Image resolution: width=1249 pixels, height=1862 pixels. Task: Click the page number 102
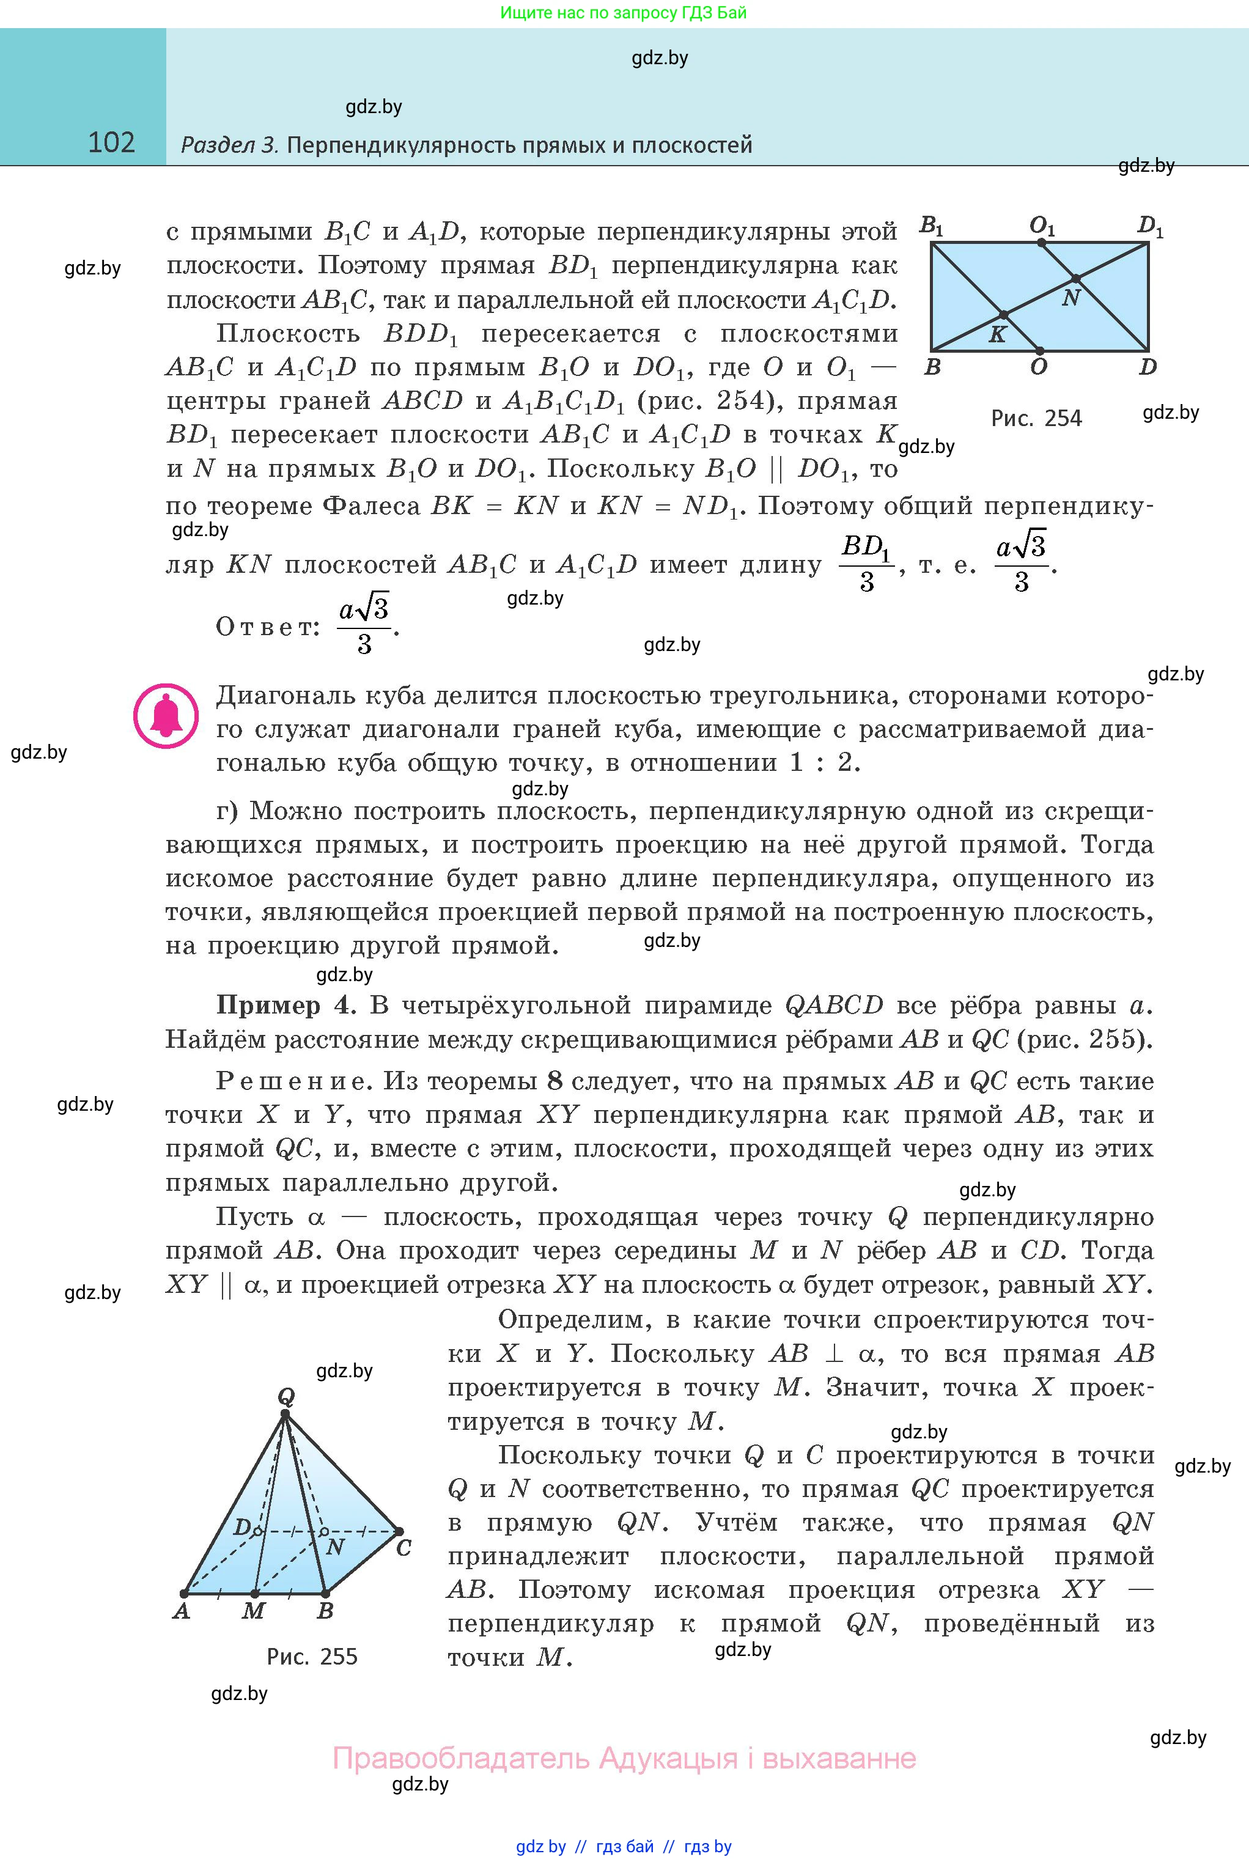(111, 142)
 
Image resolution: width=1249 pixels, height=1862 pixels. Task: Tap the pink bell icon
(166, 715)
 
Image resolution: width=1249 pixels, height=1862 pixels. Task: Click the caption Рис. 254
(1036, 418)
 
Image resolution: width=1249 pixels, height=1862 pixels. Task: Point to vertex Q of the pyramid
(285, 1415)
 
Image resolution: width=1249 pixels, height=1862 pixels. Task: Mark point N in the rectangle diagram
(1076, 279)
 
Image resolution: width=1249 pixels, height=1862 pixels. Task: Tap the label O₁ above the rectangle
(1042, 227)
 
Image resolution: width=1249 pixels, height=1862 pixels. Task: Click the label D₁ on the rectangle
(1150, 227)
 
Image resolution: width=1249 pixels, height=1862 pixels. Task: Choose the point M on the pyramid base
(255, 1594)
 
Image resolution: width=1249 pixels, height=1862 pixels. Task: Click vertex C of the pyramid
(399, 1531)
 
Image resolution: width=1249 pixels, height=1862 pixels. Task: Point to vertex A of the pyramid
(184, 1594)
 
